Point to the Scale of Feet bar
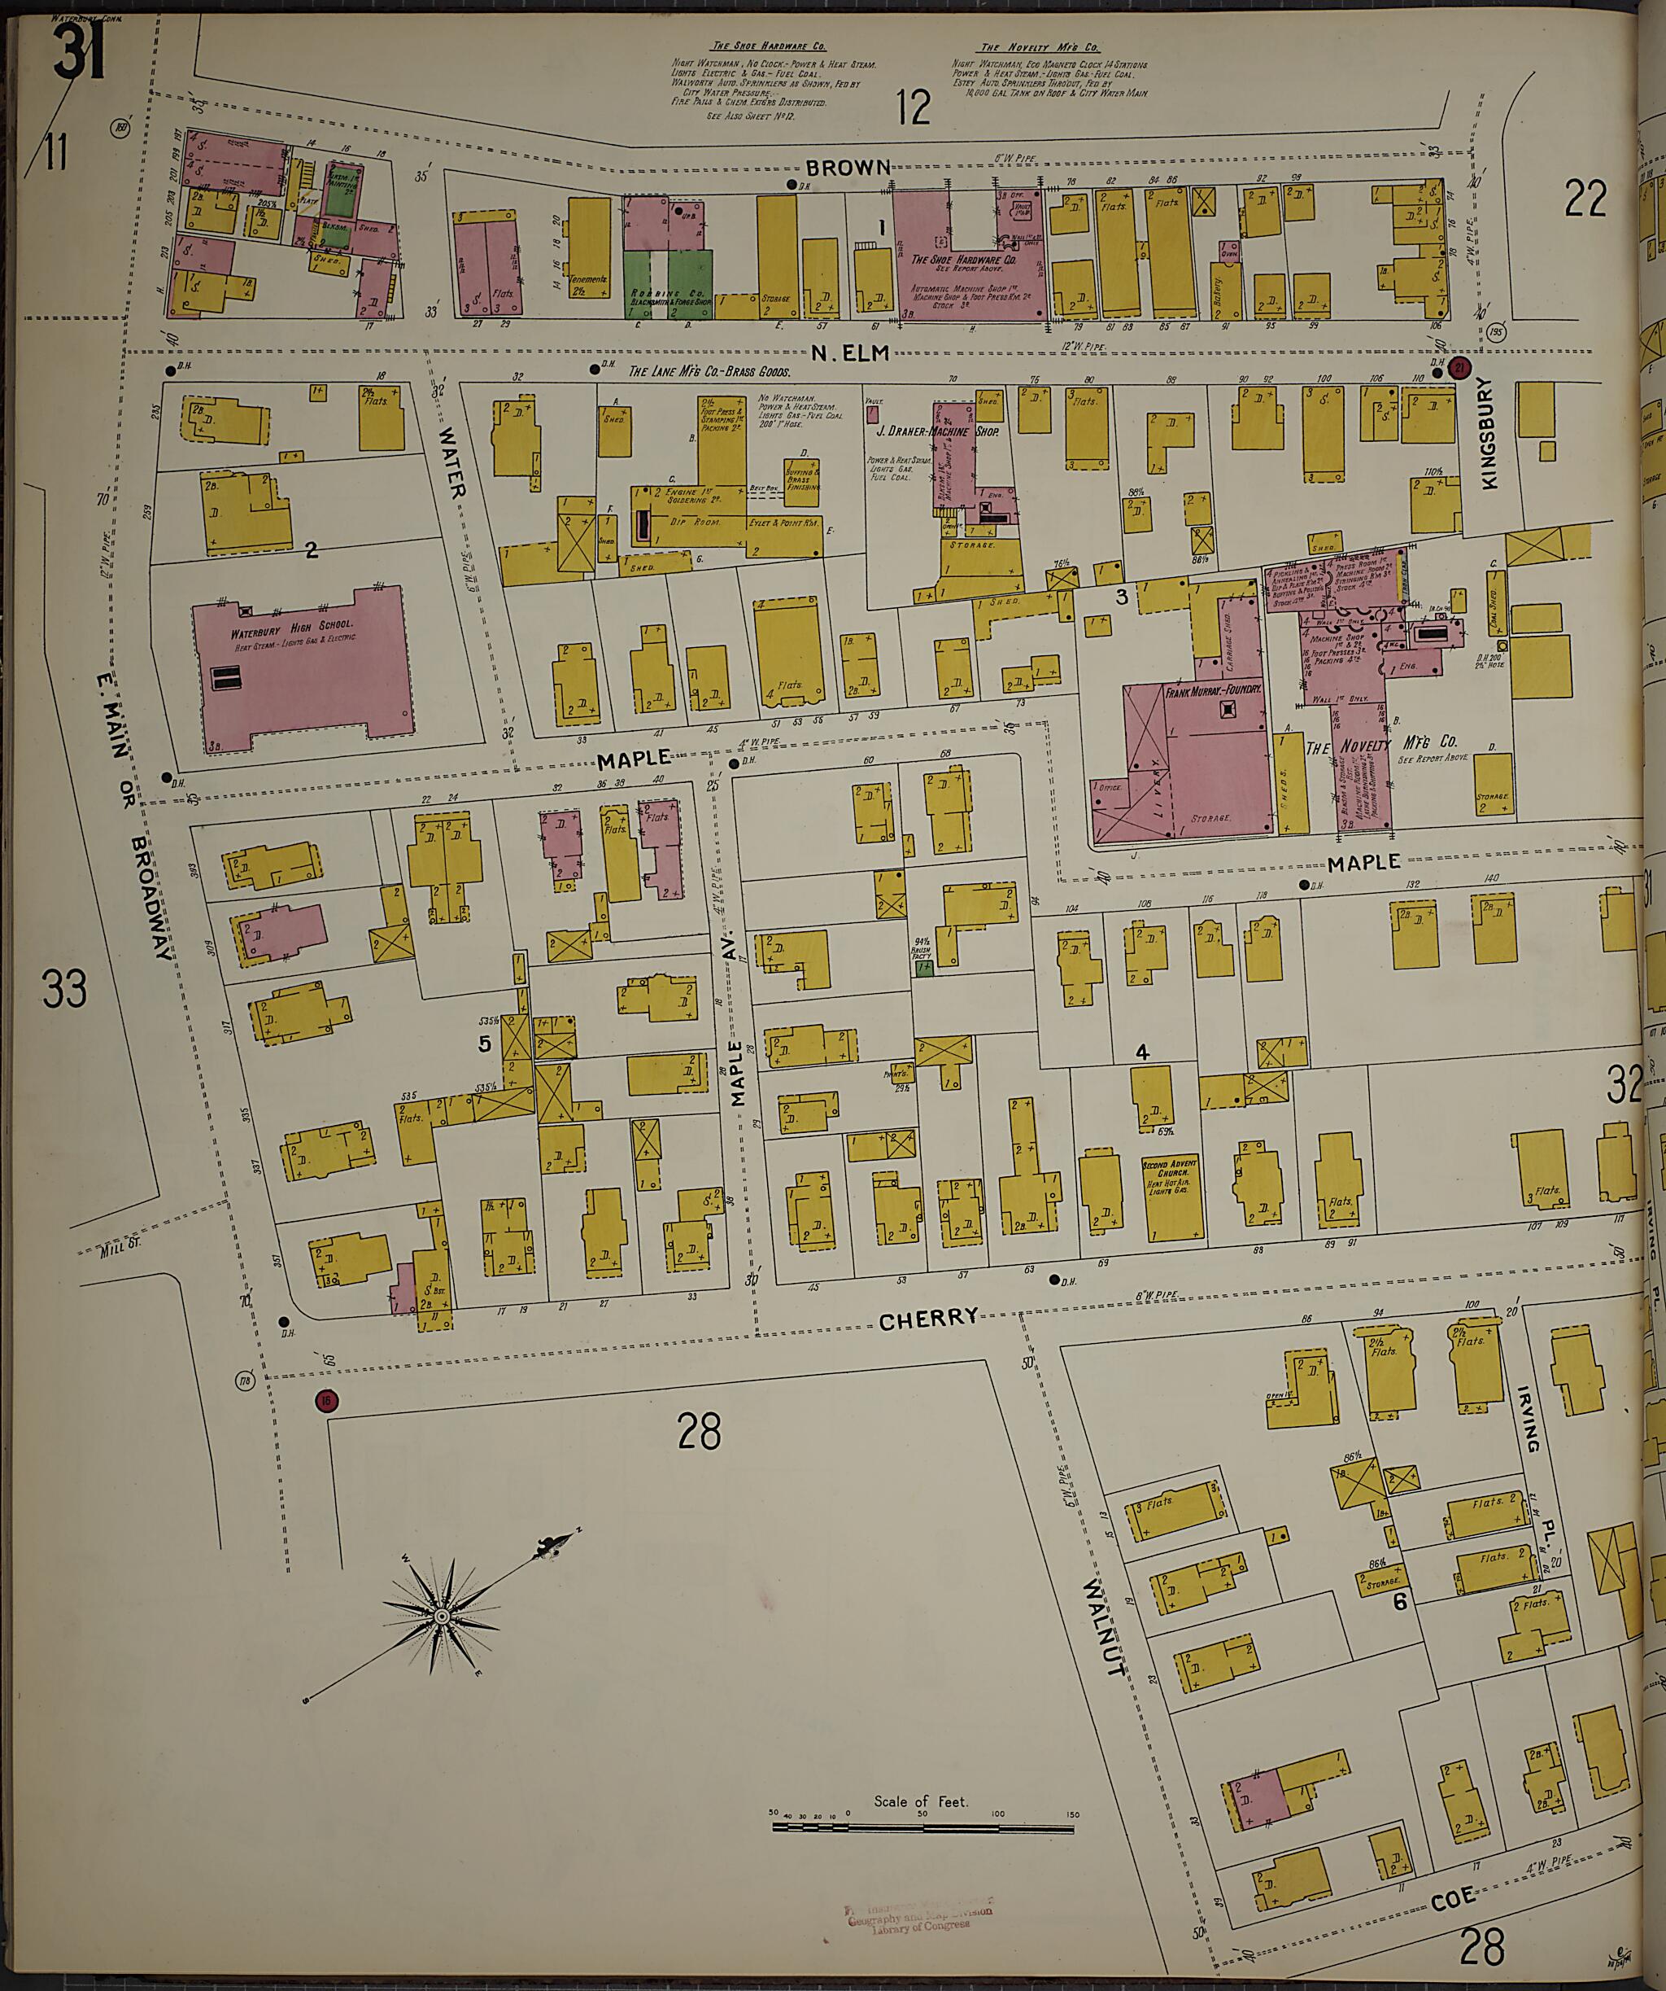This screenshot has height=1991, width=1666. [924, 1824]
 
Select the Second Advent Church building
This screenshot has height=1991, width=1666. [1172, 1199]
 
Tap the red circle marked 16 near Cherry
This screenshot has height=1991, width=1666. [326, 1400]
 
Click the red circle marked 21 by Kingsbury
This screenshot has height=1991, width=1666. [1460, 369]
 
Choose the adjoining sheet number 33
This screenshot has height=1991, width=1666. [64, 988]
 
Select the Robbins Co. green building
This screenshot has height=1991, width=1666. [669, 283]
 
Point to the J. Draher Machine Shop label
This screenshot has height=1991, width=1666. [936, 431]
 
